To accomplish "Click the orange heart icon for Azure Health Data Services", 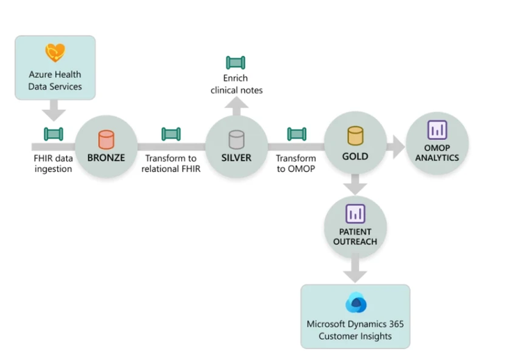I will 55,54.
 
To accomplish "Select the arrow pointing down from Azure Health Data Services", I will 54,110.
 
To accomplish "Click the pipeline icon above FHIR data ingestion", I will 54,134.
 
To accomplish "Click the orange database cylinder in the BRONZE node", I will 106,139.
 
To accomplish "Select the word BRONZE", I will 106,158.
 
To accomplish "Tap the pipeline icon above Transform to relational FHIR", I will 172,134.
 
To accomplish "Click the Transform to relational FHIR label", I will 172,163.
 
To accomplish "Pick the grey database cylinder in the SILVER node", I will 237,139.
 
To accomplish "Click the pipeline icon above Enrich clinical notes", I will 236,63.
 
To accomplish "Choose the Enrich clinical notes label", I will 237,84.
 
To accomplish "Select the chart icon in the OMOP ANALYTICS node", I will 437,130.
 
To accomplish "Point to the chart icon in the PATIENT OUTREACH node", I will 356,214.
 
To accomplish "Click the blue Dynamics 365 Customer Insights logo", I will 356,304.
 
